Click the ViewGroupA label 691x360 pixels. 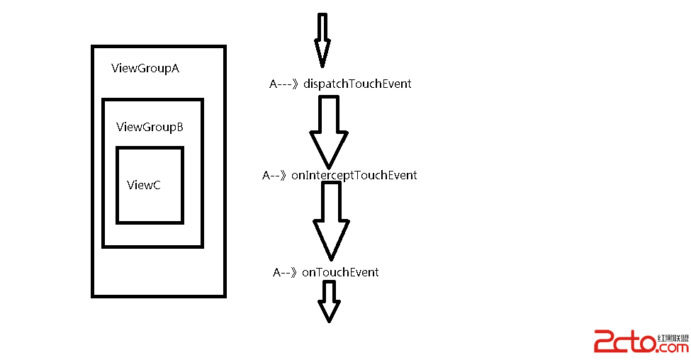click(145, 69)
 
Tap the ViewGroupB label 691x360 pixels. click(150, 127)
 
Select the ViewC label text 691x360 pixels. click(144, 185)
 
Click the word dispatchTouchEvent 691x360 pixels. click(357, 84)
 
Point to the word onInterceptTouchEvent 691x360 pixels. click(354, 174)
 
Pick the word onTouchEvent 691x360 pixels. click(340, 272)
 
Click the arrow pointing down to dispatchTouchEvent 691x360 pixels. click(322, 39)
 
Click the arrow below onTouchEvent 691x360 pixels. click(330, 300)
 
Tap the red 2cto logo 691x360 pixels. click(624, 342)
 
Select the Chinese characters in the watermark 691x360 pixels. click(673, 337)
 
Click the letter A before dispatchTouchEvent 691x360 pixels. click(274, 84)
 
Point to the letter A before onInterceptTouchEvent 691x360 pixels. click(266, 175)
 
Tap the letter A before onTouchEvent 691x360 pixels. click(277, 272)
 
